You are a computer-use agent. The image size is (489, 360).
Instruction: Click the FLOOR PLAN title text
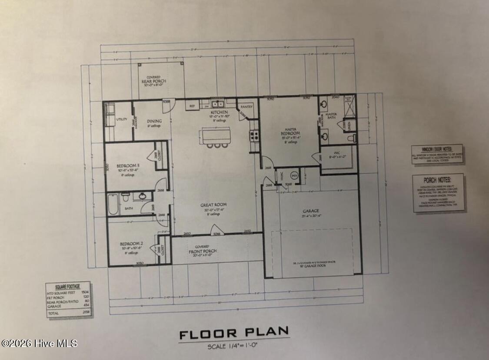(x=234, y=334)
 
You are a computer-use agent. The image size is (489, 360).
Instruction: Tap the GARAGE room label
(x=311, y=211)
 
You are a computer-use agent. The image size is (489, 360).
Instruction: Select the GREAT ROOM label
(x=213, y=205)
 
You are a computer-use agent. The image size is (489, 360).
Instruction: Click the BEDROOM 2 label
(x=132, y=244)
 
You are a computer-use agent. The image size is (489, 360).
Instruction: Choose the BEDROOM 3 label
(x=128, y=166)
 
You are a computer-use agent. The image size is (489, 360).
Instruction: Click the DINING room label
(x=154, y=121)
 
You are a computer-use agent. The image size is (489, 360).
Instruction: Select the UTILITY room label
(x=121, y=119)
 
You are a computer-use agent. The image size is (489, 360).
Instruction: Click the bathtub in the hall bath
(x=113, y=204)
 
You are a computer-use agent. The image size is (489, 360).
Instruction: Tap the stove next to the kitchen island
(x=254, y=136)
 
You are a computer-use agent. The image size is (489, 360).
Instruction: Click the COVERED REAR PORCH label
(x=154, y=80)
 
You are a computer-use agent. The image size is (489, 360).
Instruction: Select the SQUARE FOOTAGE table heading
(x=68, y=287)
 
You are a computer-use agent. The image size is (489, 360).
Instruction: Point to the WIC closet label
(x=337, y=152)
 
